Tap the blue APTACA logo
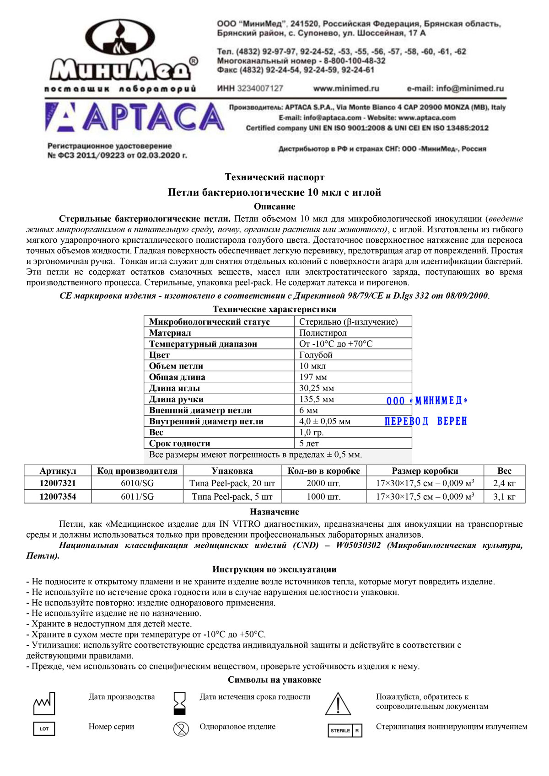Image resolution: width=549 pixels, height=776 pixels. pos(135,117)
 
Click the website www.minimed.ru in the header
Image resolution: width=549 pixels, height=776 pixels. pos(346,89)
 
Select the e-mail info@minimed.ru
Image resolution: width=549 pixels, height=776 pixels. pos(455,89)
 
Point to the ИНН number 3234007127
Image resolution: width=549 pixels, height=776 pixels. pos(250,89)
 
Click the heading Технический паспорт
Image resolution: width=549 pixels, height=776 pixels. pos(274,177)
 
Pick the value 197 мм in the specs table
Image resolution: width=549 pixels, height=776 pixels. pos(313,377)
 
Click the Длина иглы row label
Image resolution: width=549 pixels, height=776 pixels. pos(174,388)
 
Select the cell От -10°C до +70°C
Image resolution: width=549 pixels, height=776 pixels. pos(336,344)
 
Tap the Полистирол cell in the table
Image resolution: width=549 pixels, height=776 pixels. pos(323,333)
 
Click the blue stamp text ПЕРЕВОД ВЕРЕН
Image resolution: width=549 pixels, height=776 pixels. pos(426,421)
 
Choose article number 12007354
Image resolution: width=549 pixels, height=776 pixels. pos(58,497)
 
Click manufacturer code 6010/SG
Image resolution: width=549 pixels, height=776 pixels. pos(137,483)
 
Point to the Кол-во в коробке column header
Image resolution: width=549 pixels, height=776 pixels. pos(323,471)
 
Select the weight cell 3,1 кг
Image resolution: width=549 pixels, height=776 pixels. pos(504,497)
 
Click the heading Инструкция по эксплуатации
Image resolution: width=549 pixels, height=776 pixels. pos(274,569)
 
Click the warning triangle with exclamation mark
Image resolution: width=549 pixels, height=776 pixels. pos(338,704)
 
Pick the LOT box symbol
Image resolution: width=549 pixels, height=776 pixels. pos(44,728)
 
